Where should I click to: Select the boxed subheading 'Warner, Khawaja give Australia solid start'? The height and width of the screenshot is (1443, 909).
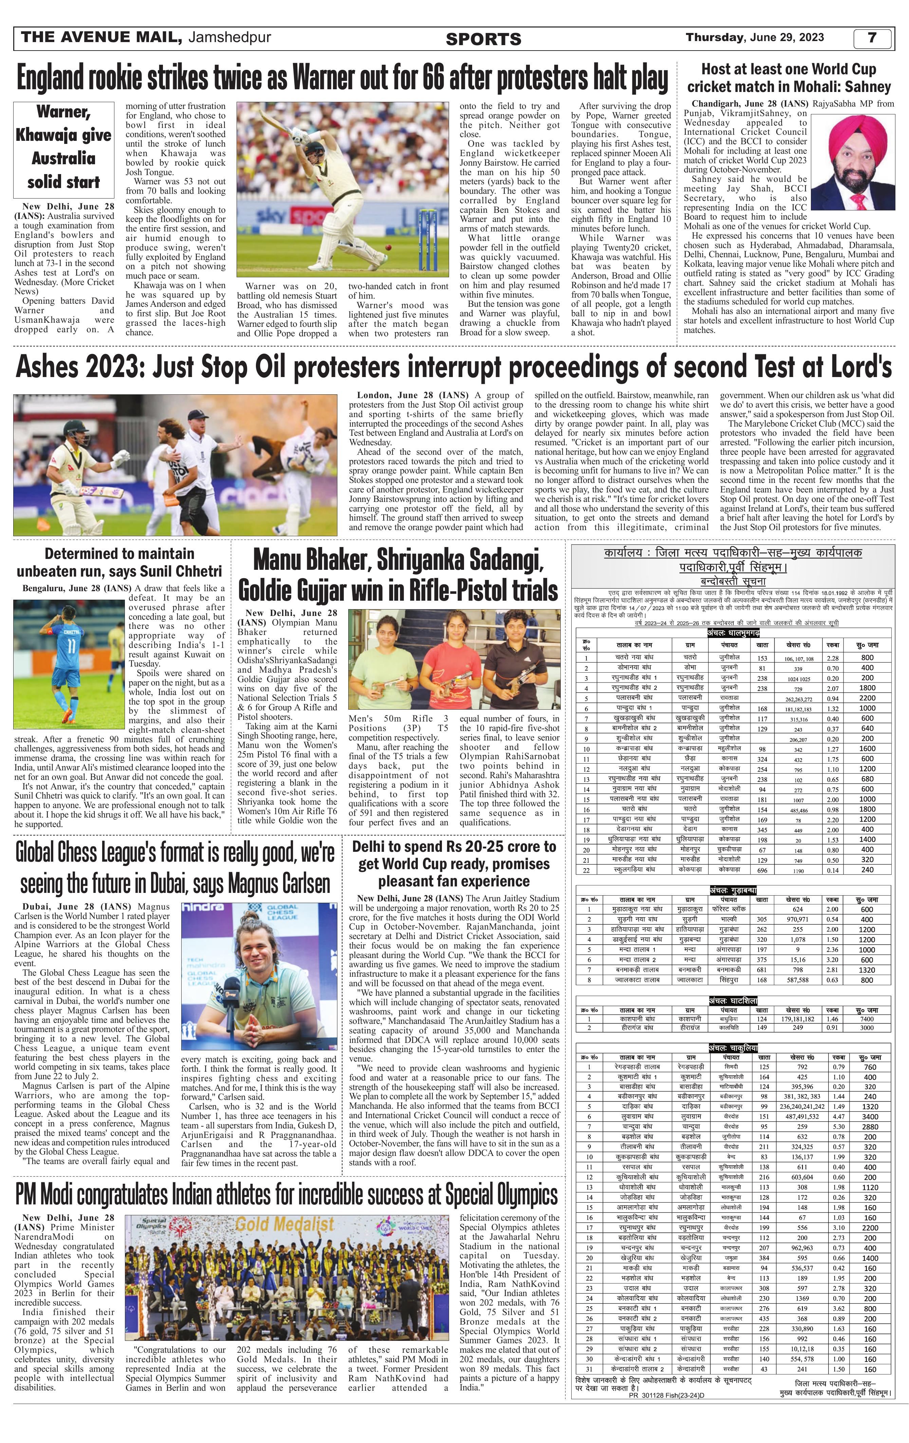[63, 147]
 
